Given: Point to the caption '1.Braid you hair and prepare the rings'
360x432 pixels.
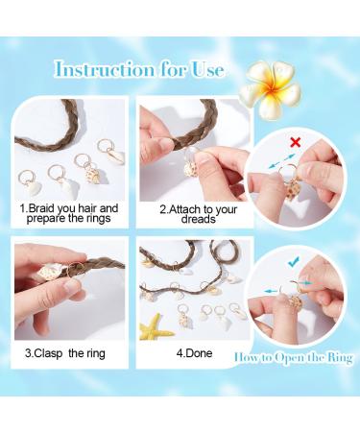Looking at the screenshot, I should pyautogui.click(x=69, y=212).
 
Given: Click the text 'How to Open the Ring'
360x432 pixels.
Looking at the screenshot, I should pyautogui.click(x=292, y=357).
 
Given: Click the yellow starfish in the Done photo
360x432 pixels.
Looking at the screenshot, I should pyautogui.click(x=156, y=328).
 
